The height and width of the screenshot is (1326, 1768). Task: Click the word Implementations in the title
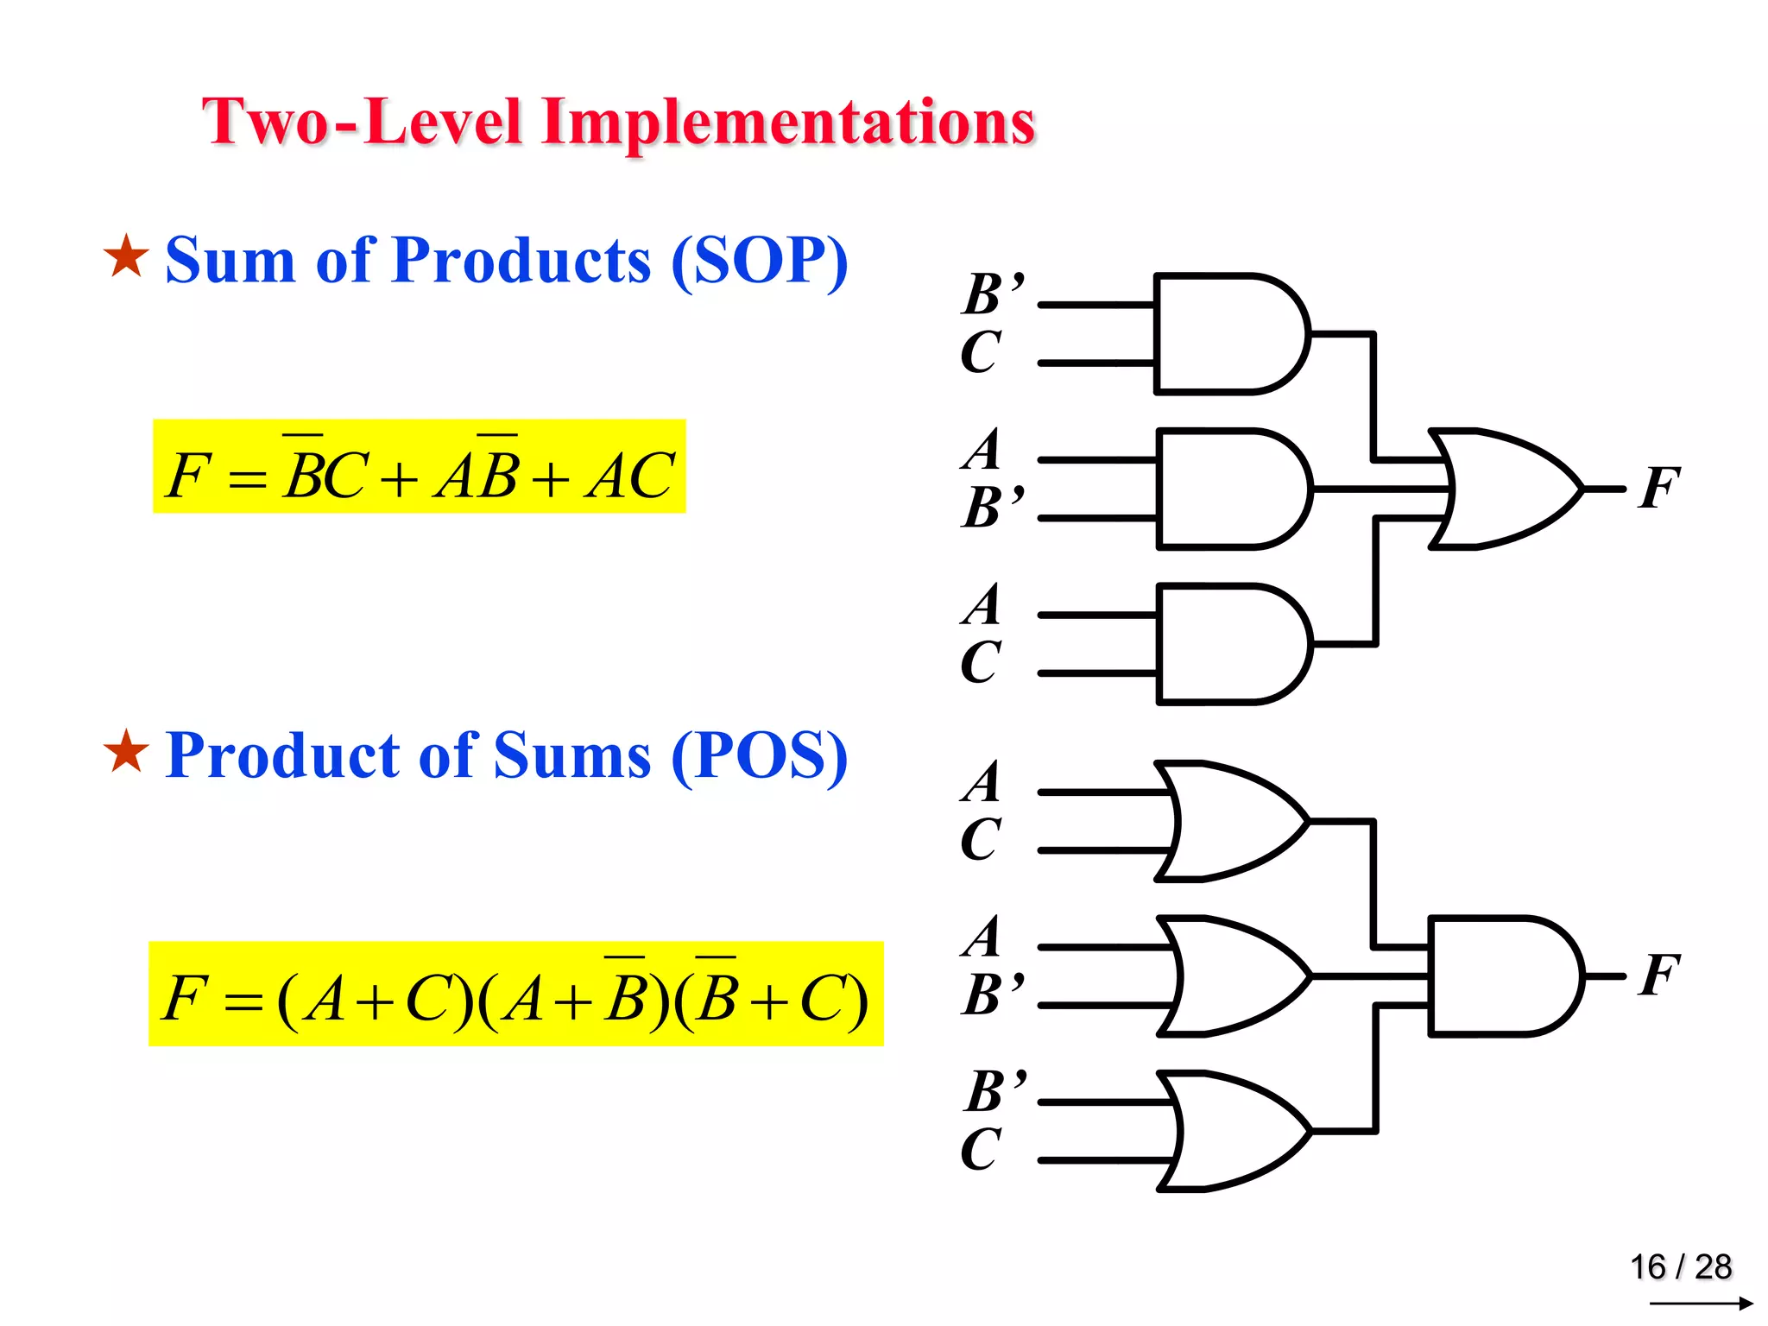point(787,123)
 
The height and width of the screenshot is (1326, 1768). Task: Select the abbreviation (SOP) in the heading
point(759,261)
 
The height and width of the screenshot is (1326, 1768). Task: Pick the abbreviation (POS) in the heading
point(759,756)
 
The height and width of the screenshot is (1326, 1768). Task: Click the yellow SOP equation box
point(419,467)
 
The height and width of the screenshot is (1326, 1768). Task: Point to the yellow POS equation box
point(515,994)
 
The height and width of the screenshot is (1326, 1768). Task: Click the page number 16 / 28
point(1680,1266)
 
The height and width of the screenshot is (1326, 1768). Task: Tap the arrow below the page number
point(1701,1303)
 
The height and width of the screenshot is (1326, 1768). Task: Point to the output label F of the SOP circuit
point(1659,489)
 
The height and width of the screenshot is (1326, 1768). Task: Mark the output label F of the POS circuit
point(1659,976)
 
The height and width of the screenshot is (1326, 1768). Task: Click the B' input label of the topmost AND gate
point(993,294)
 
